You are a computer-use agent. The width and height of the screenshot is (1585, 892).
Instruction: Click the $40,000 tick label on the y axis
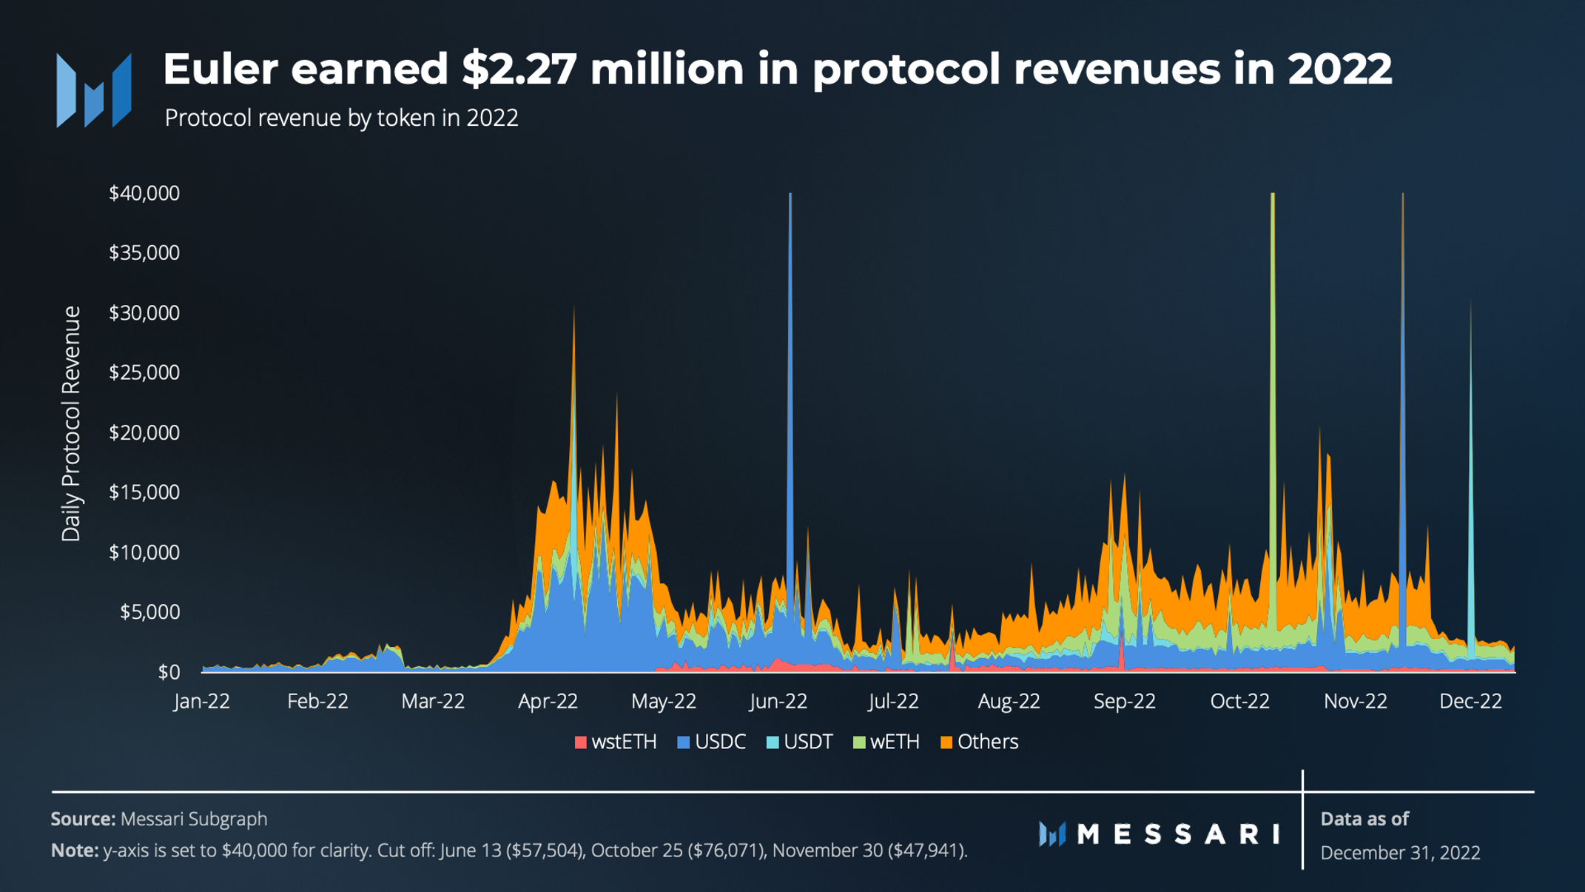(144, 193)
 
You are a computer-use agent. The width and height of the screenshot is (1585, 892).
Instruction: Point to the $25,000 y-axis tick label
(144, 372)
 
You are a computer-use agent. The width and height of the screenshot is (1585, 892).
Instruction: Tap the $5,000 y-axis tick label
(149, 612)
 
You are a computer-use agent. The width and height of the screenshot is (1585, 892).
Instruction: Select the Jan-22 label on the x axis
(202, 701)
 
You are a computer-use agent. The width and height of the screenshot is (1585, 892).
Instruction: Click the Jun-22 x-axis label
(778, 701)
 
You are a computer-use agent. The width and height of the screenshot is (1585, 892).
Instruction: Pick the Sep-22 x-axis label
(1125, 701)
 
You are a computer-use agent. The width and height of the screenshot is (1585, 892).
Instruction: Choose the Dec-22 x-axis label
(1470, 701)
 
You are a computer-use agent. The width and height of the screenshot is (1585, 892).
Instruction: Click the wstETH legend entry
(616, 742)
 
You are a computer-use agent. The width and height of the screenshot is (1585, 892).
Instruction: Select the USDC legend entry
(712, 742)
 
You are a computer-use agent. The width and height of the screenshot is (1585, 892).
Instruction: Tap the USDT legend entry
(800, 742)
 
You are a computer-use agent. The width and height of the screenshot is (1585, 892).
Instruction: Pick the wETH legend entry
(886, 742)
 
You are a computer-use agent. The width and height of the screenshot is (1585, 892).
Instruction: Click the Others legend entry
(979, 742)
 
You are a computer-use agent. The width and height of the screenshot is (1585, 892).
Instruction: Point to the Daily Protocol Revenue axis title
(71, 423)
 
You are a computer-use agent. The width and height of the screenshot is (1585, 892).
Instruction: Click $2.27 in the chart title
(519, 69)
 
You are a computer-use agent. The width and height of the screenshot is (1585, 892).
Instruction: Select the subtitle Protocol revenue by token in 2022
(341, 118)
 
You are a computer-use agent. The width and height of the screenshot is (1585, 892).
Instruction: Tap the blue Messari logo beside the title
(94, 90)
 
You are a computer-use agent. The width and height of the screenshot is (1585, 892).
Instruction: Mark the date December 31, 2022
(1400, 853)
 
